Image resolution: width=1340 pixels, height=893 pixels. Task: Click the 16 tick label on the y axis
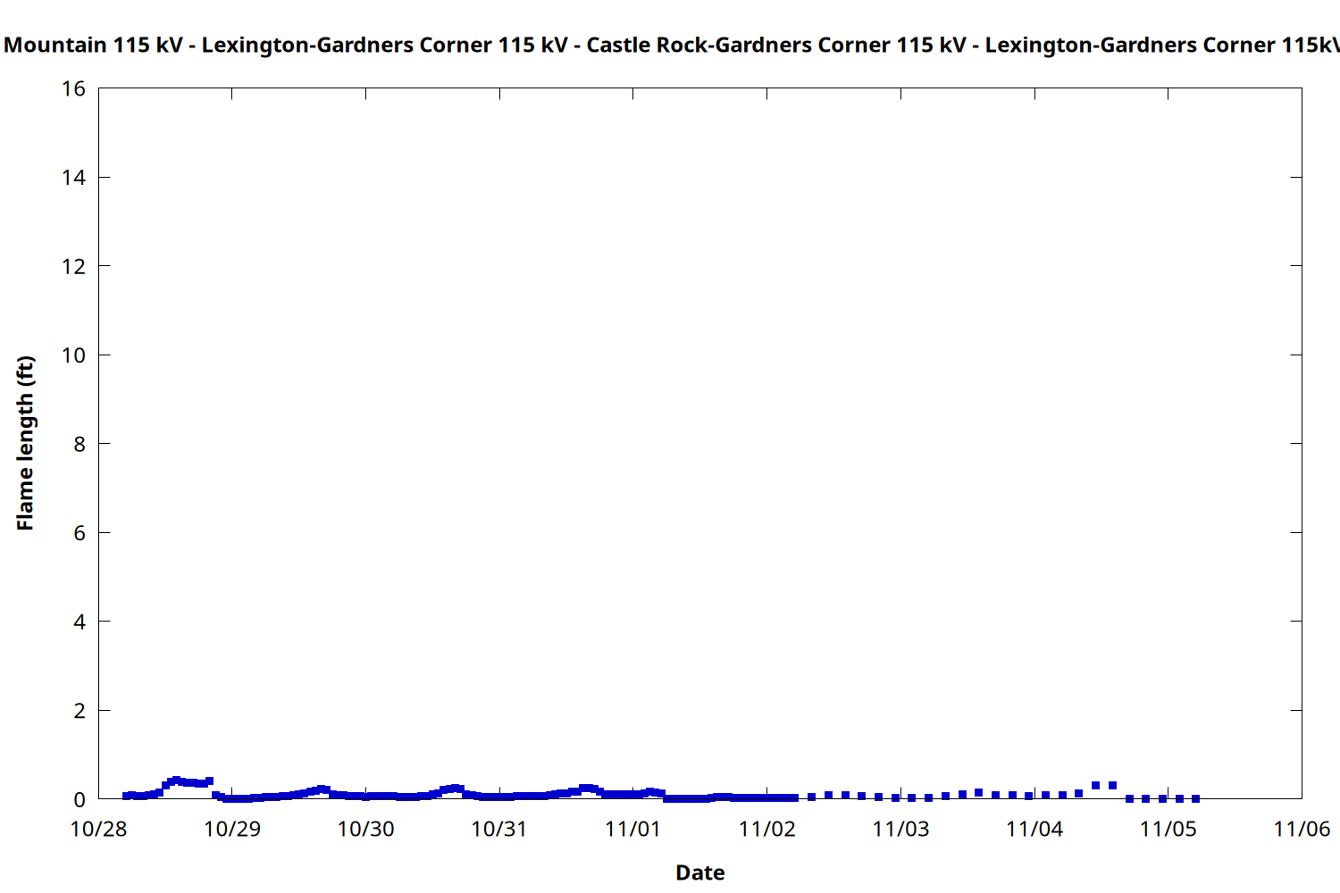pyautogui.click(x=73, y=88)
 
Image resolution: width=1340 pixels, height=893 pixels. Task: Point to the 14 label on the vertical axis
pyautogui.click(x=73, y=178)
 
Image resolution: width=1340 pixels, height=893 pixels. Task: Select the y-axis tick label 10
pyautogui.click(x=73, y=355)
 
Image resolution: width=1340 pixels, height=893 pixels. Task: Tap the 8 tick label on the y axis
pyautogui.click(x=80, y=444)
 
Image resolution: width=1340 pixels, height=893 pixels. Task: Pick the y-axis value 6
pyautogui.click(x=80, y=533)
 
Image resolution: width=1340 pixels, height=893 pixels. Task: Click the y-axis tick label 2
pyautogui.click(x=80, y=711)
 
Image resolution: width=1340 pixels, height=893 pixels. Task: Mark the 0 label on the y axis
pyautogui.click(x=80, y=799)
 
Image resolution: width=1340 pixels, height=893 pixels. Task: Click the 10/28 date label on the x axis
pyautogui.click(x=98, y=830)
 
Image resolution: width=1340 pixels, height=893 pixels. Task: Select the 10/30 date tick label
pyautogui.click(x=365, y=830)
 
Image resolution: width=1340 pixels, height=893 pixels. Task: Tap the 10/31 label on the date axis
pyautogui.click(x=499, y=830)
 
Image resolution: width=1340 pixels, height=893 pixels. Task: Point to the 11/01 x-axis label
pyautogui.click(x=632, y=830)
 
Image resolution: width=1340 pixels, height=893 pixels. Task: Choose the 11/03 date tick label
pyautogui.click(x=900, y=830)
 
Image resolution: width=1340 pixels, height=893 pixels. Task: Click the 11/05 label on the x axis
pyautogui.click(x=1168, y=830)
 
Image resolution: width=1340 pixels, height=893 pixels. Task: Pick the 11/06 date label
pyautogui.click(x=1302, y=830)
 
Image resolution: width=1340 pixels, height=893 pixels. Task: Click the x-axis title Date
pyautogui.click(x=699, y=872)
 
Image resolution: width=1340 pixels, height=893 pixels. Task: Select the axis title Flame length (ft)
pyautogui.click(x=25, y=443)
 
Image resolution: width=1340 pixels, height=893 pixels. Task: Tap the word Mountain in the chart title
pyautogui.click(x=55, y=45)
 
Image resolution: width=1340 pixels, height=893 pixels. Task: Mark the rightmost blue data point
pyautogui.click(x=1196, y=798)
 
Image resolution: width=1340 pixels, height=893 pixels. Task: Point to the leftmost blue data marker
pyautogui.click(x=127, y=796)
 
